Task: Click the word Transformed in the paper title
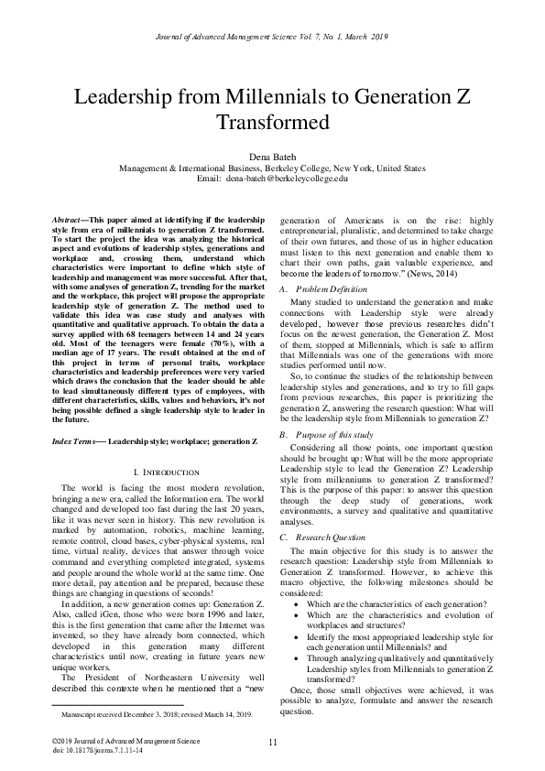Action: [x=272, y=122]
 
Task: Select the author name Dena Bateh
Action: [x=272, y=157]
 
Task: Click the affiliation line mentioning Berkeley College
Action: [x=272, y=168]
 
